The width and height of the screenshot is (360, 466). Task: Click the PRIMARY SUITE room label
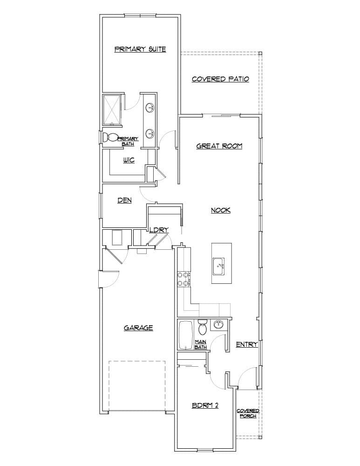click(x=140, y=49)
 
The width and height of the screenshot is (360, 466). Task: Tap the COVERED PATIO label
click(x=220, y=79)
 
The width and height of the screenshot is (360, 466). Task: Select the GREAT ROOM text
click(x=219, y=146)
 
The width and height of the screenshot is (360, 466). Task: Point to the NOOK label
click(x=221, y=210)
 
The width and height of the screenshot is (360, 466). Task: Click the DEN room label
click(x=124, y=200)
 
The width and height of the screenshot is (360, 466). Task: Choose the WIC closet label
click(x=129, y=160)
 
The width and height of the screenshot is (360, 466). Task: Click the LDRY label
click(x=159, y=230)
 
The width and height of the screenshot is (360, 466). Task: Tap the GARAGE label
click(x=138, y=328)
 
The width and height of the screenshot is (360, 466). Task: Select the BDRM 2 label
click(x=205, y=405)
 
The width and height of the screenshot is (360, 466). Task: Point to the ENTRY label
click(x=247, y=344)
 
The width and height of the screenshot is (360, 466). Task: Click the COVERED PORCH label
click(x=248, y=413)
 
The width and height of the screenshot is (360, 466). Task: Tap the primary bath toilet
click(x=111, y=137)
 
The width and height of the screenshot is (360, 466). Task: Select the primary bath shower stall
click(x=112, y=110)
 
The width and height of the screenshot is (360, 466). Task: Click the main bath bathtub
click(x=186, y=335)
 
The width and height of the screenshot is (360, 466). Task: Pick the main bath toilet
click(x=203, y=328)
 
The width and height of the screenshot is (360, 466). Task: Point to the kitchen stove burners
click(x=182, y=279)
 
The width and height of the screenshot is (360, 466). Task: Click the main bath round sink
click(x=218, y=325)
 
